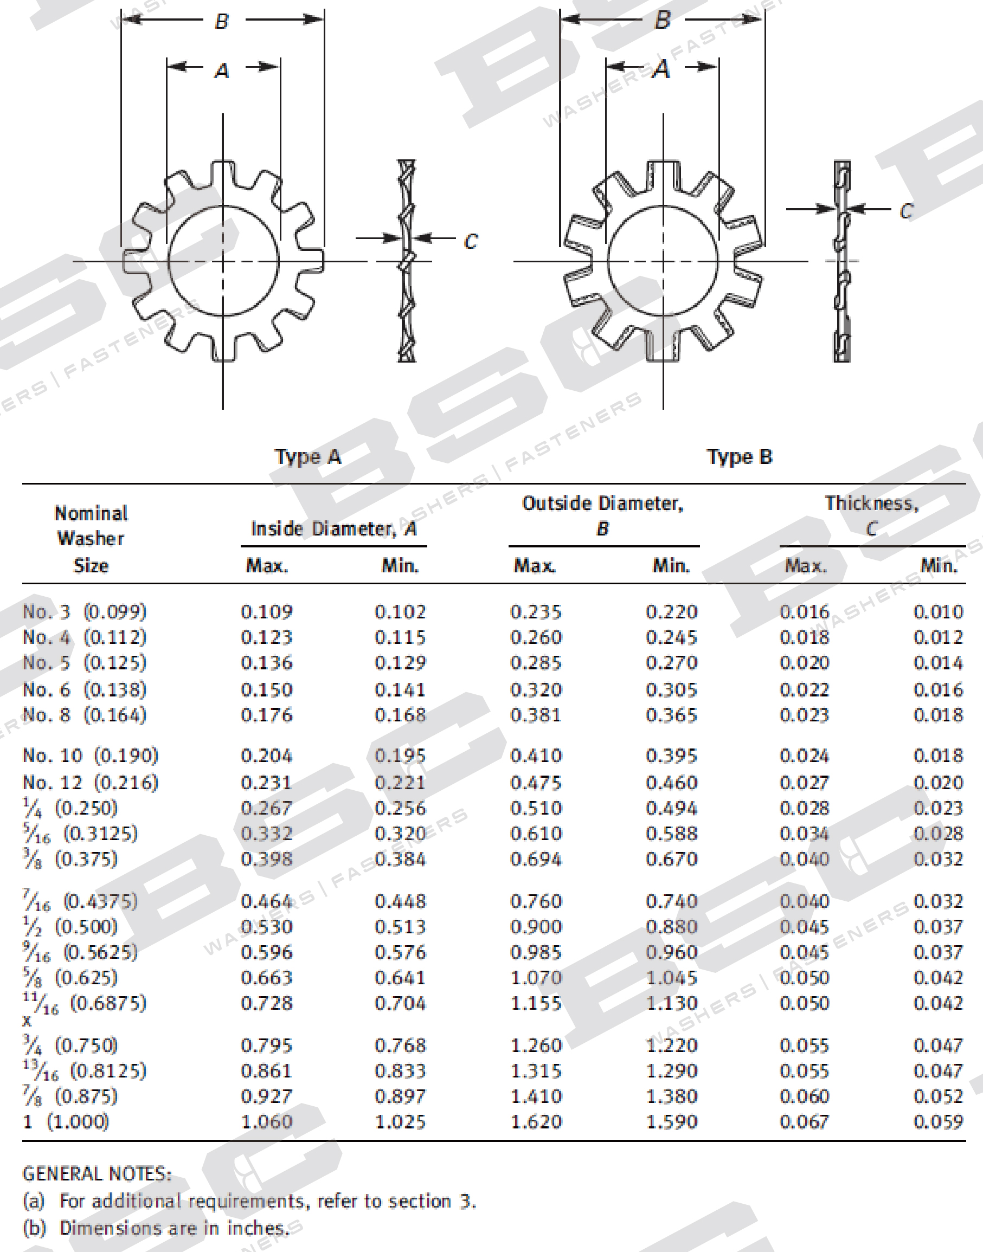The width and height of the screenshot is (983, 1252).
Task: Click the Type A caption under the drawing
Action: point(308,457)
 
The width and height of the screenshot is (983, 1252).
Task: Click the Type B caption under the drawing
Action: point(740,457)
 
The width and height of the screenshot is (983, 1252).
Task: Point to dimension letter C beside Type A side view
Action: point(470,241)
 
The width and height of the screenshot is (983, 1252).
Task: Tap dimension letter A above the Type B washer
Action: point(662,69)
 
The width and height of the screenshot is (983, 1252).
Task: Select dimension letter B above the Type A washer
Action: point(222,22)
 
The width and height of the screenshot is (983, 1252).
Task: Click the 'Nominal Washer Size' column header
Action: point(91,539)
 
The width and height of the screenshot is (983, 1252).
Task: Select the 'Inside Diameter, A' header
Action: point(334,529)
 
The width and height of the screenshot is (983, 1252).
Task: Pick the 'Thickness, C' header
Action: point(871,515)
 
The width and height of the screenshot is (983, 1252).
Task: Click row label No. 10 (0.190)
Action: point(91,756)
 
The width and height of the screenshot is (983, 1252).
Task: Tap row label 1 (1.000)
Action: point(66,1121)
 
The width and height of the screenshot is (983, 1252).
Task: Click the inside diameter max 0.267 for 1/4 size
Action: point(266,809)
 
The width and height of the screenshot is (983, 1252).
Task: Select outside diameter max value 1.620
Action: point(536,1121)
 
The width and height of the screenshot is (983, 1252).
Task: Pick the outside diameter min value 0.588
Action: point(671,834)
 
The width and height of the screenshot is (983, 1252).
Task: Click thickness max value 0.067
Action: point(804,1121)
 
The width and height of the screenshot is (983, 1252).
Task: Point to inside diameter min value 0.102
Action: point(400,611)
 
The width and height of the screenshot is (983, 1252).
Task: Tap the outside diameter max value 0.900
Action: point(536,927)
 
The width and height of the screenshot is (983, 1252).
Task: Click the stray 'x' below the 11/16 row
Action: point(27,1021)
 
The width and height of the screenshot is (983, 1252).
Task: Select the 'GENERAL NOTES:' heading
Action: point(97,1174)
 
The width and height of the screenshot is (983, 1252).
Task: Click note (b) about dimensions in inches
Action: point(156,1228)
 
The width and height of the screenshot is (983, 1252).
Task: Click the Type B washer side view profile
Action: point(842,262)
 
